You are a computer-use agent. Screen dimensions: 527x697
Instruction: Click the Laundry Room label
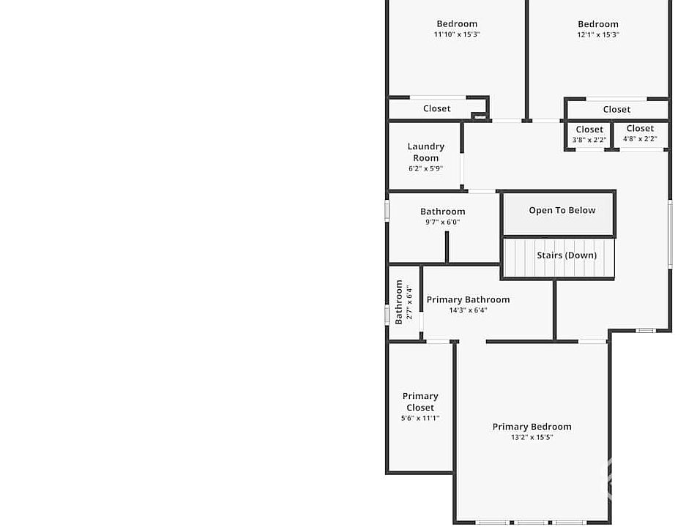[x=426, y=152]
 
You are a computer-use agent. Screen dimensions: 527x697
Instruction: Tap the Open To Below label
[x=562, y=211]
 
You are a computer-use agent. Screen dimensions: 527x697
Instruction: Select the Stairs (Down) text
[x=567, y=255]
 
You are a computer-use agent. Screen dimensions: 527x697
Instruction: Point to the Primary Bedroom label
[x=532, y=427]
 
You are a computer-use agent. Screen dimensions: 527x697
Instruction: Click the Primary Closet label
[x=420, y=402]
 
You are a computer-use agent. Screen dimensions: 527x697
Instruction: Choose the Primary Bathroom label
[x=468, y=299]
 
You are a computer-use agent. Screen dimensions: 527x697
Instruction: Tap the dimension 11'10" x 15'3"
[x=457, y=34]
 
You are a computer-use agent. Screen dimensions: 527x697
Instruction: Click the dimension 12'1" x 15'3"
[x=598, y=34]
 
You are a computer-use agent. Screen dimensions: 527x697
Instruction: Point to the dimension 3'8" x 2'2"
[x=589, y=139]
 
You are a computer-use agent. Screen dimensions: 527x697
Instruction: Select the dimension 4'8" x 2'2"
[x=640, y=138]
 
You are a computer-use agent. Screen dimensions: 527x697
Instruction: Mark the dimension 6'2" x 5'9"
[x=426, y=168]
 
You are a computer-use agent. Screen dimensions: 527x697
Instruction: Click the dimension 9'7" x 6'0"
[x=442, y=222]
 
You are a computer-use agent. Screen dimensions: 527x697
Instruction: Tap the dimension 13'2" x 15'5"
[x=532, y=437]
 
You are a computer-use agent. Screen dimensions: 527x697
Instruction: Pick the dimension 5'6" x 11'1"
[x=420, y=418]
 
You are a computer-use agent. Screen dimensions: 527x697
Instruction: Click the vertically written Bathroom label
[x=399, y=302]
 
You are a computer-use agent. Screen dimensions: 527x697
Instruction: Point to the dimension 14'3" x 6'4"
[x=468, y=310]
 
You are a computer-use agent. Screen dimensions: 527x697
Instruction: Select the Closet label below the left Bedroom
[x=437, y=108]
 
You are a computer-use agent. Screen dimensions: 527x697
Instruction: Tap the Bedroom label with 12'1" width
[x=598, y=24]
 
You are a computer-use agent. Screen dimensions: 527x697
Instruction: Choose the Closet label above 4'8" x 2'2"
[x=640, y=129]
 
